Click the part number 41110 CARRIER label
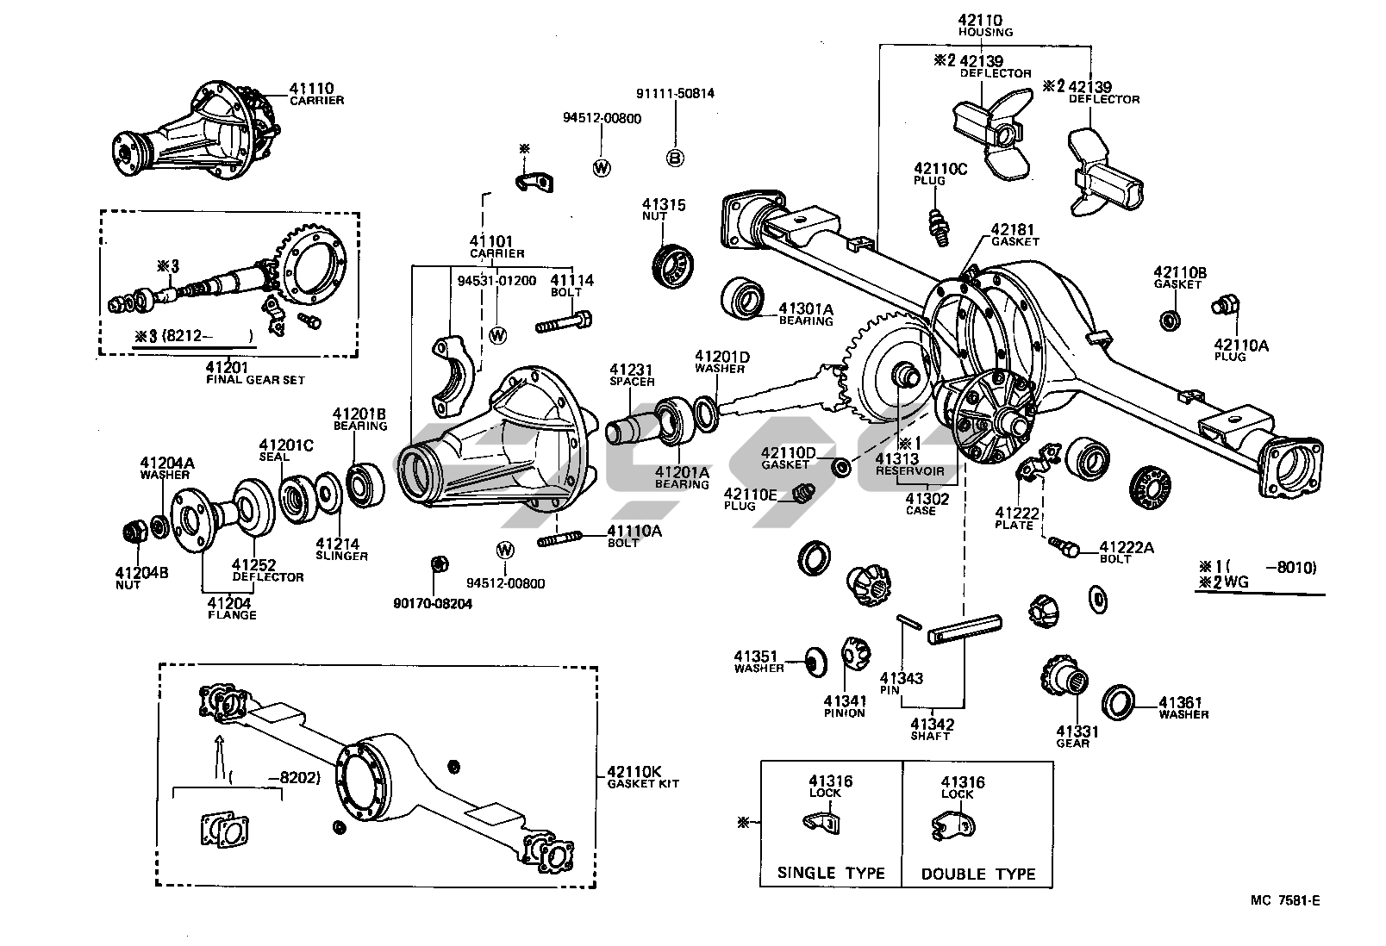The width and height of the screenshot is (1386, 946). tap(315, 93)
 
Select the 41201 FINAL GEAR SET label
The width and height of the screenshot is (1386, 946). tap(254, 372)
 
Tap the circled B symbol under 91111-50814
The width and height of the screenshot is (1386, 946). tap(676, 157)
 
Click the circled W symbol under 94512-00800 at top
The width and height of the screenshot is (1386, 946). tap(602, 168)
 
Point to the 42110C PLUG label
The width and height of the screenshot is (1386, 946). tap(940, 174)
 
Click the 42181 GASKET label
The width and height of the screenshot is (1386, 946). tap(1015, 235)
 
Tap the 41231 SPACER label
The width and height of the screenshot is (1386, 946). tap(632, 374)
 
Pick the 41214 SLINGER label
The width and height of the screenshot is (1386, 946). tap(340, 550)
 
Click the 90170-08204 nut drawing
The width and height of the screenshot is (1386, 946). tap(438, 565)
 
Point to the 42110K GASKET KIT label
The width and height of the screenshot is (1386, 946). tap(642, 777)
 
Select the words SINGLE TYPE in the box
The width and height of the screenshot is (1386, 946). tap(831, 873)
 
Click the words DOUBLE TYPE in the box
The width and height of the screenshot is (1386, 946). tap(977, 874)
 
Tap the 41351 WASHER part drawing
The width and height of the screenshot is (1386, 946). tap(811, 661)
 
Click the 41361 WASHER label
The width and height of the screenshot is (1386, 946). tap(1183, 707)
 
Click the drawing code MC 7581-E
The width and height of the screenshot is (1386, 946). tap(1286, 901)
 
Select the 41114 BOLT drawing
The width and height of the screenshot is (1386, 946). tap(563, 324)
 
